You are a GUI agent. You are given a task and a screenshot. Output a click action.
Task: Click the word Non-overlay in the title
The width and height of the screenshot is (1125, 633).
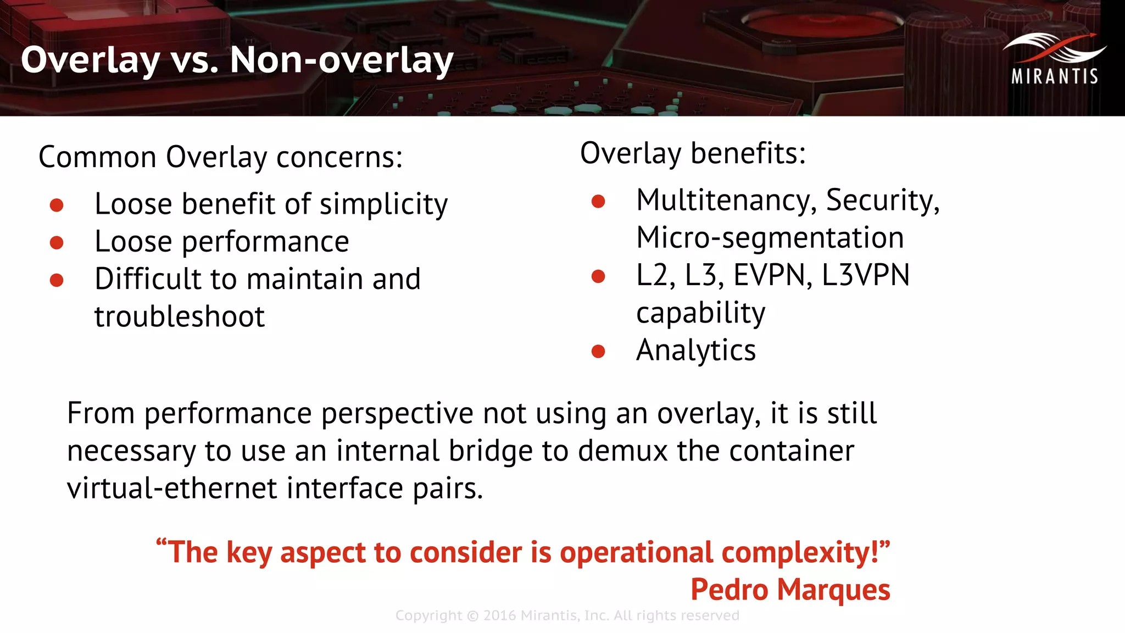(341, 59)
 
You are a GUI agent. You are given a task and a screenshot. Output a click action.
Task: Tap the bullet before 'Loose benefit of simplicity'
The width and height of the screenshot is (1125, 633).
(57, 205)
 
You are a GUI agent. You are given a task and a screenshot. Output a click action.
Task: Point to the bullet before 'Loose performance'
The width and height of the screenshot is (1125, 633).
(57, 242)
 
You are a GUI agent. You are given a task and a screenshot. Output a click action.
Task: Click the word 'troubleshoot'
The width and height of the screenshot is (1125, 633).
(180, 316)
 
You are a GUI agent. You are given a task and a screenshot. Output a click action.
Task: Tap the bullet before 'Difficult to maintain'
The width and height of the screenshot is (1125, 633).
(57, 280)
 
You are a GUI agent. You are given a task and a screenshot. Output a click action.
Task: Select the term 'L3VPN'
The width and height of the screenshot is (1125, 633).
(866, 275)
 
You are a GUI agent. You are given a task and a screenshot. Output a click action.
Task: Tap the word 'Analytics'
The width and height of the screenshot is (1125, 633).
(696, 350)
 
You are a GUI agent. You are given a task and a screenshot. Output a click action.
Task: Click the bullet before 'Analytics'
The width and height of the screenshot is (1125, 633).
(598, 351)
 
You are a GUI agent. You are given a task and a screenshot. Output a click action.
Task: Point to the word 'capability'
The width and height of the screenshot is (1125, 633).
(700, 313)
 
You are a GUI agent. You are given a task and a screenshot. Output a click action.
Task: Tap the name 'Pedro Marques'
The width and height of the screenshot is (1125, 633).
(790, 590)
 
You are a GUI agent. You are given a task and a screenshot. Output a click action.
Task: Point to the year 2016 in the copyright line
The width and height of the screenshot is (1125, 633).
(499, 615)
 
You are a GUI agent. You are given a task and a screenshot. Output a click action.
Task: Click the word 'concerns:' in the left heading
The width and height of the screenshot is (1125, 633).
(339, 157)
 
